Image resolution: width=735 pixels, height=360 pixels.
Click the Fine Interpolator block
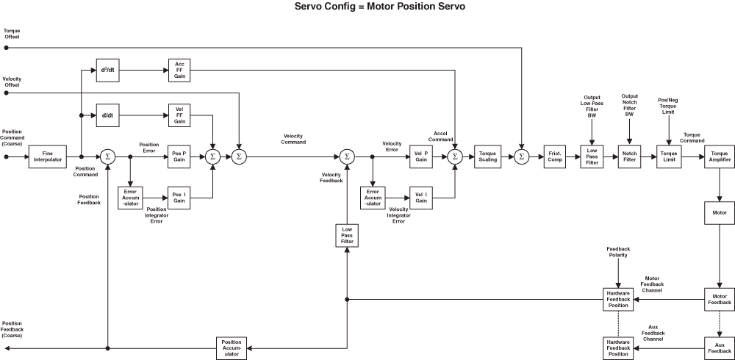click(x=47, y=156)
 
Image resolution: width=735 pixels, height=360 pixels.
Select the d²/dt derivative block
click(x=107, y=70)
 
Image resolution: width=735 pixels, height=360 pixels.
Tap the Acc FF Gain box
click(x=179, y=70)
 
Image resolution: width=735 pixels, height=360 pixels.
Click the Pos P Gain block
click(x=179, y=156)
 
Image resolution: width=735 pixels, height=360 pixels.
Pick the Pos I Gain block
click(x=179, y=197)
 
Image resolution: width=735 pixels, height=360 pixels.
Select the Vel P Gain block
click(x=420, y=156)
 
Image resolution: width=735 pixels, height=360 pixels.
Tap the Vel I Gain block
click(x=420, y=197)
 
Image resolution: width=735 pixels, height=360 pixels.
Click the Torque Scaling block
click(x=488, y=156)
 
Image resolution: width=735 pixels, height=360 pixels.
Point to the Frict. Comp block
click(x=554, y=156)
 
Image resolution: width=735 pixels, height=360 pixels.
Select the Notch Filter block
click(x=629, y=156)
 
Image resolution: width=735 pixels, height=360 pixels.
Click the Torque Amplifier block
click(x=719, y=156)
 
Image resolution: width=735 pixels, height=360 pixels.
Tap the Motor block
click(x=719, y=212)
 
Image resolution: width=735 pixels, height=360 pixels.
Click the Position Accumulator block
click(x=231, y=348)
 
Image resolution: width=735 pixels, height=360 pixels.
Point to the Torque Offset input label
click(x=12, y=34)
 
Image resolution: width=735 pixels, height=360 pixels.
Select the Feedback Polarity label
click(x=617, y=252)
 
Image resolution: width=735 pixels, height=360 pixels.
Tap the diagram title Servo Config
click(x=367, y=7)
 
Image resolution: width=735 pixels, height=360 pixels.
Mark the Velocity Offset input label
click(x=12, y=82)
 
